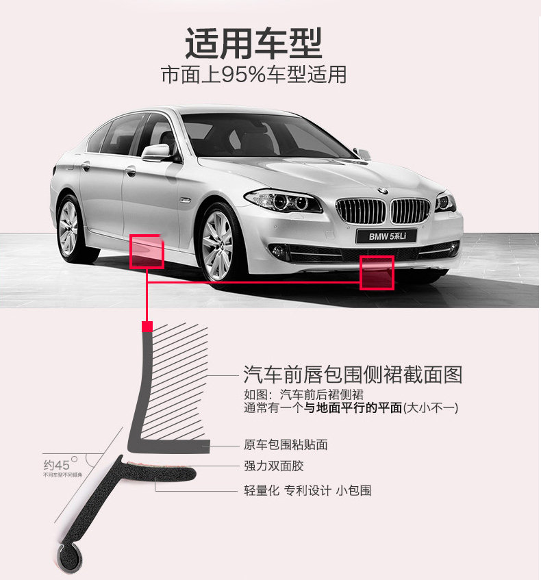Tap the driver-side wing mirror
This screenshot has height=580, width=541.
[155, 151]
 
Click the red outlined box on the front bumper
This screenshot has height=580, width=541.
[377, 273]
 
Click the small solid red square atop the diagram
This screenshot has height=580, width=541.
[145, 327]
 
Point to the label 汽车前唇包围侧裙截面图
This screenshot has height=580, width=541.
[353, 375]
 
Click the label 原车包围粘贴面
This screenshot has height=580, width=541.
[286, 445]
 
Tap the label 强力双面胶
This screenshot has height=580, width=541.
[273, 466]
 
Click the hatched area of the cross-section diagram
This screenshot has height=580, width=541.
[178, 383]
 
